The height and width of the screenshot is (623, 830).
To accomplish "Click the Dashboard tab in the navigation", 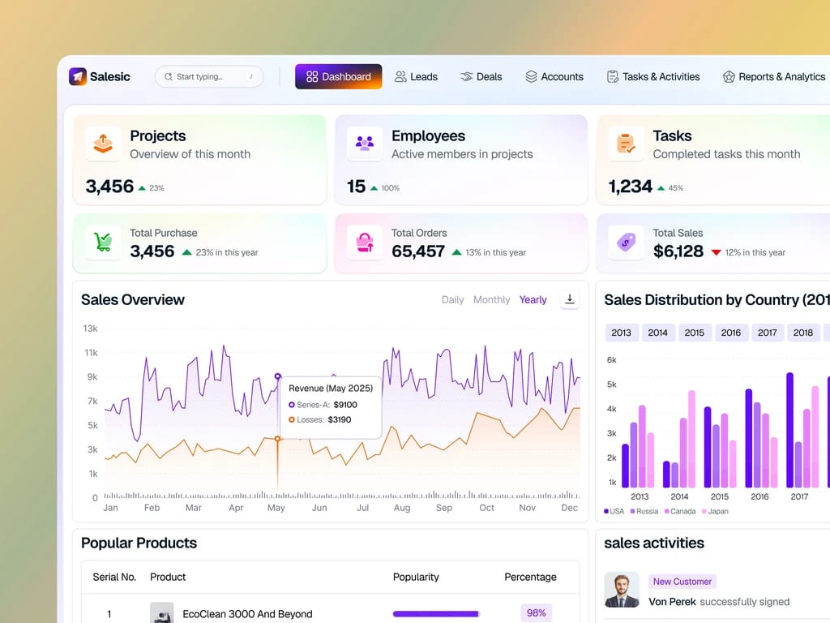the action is point(338,77).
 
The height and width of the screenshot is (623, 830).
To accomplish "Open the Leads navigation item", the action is point(416,77).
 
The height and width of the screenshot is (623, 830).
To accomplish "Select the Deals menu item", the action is point(481,77).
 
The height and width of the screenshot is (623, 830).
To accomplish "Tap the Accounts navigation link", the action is point(554,77).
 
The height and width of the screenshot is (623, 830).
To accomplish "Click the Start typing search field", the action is point(209,77).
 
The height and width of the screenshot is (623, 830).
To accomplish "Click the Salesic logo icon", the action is point(78,77).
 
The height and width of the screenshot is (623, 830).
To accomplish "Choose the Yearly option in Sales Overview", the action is point(533,300).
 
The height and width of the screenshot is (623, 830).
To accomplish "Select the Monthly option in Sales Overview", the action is point(492,300).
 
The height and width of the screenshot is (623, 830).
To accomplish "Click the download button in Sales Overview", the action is point(570,299).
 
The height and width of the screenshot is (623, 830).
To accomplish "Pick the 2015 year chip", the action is point(694,333).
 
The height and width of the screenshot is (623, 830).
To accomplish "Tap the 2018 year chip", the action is point(803,333).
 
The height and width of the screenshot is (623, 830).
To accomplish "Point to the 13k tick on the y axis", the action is point(90,329).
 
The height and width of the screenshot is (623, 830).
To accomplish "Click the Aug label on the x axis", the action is point(402,508).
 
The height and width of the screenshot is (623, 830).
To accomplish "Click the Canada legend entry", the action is point(680,511).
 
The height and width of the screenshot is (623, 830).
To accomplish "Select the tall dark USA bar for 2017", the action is point(789,430).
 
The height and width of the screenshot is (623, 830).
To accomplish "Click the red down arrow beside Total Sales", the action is point(717,253).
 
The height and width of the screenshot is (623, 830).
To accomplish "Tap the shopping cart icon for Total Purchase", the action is point(103,242).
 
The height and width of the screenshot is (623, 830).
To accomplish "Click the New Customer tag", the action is point(682,581).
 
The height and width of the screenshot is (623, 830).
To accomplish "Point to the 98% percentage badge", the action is point(537,613).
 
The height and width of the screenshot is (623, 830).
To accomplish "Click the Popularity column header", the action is point(416,577).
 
